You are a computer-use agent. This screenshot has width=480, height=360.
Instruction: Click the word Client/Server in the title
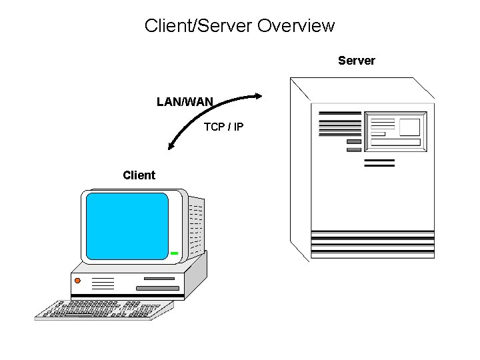pyautogui.click(x=198, y=26)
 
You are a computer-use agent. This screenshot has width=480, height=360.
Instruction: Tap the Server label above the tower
pyautogui.click(x=356, y=61)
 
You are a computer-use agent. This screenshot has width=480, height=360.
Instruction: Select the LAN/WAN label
pyautogui.click(x=185, y=102)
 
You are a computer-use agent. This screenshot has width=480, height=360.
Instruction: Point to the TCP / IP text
pyautogui.click(x=223, y=127)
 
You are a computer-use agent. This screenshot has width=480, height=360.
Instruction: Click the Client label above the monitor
pyautogui.click(x=139, y=175)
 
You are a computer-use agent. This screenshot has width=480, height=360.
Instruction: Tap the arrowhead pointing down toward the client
pyautogui.click(x=172, y=145)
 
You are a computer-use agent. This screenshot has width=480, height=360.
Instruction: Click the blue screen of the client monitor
pyautogui.click(x=127, y=226)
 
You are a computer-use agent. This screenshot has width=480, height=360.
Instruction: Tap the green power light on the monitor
pyautogui.click(x=174, y=253)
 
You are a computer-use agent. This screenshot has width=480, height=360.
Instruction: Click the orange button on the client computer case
pyautogui.click(x=77, y=281)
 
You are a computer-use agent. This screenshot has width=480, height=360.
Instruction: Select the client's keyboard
pyautogui.click(x=103, y=310)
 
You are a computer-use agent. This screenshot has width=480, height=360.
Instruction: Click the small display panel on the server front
pyautogui.click(x=395, y=131)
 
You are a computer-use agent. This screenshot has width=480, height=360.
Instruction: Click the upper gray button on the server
pyautogui.click(x=354, y=141)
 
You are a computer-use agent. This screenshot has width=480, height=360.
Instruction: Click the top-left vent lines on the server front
pyautogui.click(x=339, y=123)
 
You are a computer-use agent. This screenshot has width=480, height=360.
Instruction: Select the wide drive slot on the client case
pyautogui.click(x=157, y=288)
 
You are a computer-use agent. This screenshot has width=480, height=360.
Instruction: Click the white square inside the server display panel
pyautogui.click(x=409, y=127)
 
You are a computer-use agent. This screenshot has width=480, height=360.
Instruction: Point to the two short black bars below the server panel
pyautogui.click(x=379, y=163)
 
